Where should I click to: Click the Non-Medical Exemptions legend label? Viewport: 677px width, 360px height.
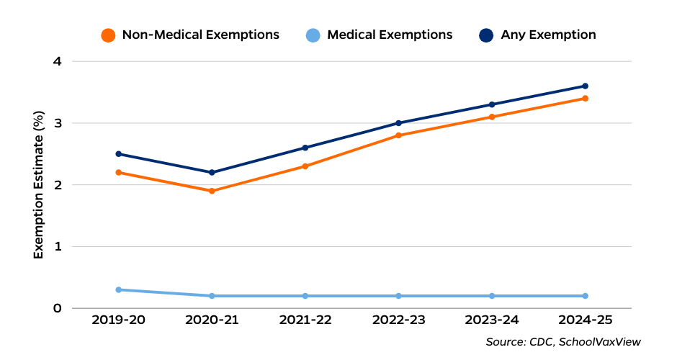(200, 35)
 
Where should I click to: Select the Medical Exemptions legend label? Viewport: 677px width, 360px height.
(390, 35)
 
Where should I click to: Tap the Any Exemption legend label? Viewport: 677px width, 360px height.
(548, 35)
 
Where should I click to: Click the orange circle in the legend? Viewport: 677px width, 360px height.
(108, 35)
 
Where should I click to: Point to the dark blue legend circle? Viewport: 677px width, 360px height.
(486, 35)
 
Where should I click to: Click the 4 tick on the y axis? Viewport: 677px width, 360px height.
(57, 62)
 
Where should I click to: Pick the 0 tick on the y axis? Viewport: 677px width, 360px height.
(57, 308)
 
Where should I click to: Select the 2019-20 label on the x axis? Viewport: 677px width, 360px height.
(118, 320)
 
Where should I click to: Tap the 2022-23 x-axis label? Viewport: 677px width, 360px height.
(398, 320)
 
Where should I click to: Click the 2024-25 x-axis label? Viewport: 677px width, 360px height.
(585, 320)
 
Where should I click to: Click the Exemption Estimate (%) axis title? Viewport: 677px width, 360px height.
(39, 185)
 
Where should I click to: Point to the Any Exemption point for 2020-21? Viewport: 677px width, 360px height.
(212, 173)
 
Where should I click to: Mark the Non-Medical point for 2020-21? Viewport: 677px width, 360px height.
(212, 191)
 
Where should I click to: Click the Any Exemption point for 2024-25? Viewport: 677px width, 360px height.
(585, 86)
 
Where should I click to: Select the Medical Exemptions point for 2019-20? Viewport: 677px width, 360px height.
(118, 289)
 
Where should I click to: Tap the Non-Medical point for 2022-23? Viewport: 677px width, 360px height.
(398, 135)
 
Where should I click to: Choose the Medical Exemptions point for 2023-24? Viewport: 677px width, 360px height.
(492, 296)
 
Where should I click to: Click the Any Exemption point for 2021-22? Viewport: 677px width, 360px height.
(305, 148)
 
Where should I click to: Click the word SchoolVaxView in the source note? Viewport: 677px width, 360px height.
(604, 342)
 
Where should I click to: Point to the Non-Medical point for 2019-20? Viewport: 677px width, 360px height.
(118, 173)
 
